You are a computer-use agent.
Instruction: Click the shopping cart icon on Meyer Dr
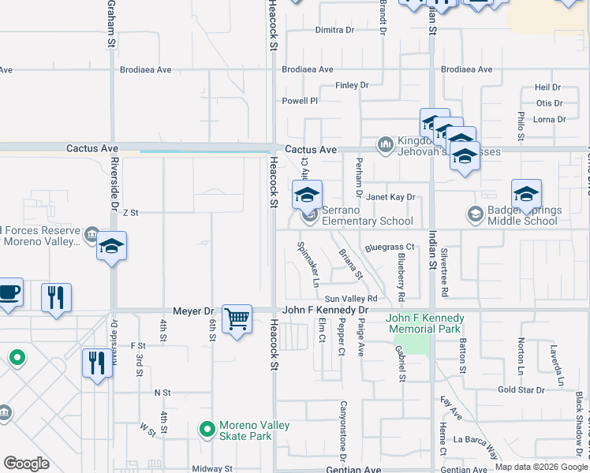coord(237,319)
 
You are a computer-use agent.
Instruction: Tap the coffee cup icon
coord(8,292)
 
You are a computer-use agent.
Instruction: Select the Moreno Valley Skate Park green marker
coord(207,430)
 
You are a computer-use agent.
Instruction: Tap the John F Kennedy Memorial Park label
coord(425,323)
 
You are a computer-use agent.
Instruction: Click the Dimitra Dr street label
coord(334,30)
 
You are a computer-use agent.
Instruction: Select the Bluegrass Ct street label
coord(390,248)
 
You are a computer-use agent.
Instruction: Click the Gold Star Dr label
coord(521,390)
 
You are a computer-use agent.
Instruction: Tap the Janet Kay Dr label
coord(390,198)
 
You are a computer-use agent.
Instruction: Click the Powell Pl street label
coord(300,101)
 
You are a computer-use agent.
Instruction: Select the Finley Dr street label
coord(352,85)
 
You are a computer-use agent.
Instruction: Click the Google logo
coord(26,464)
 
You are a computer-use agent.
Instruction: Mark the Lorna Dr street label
coord(550,120)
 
